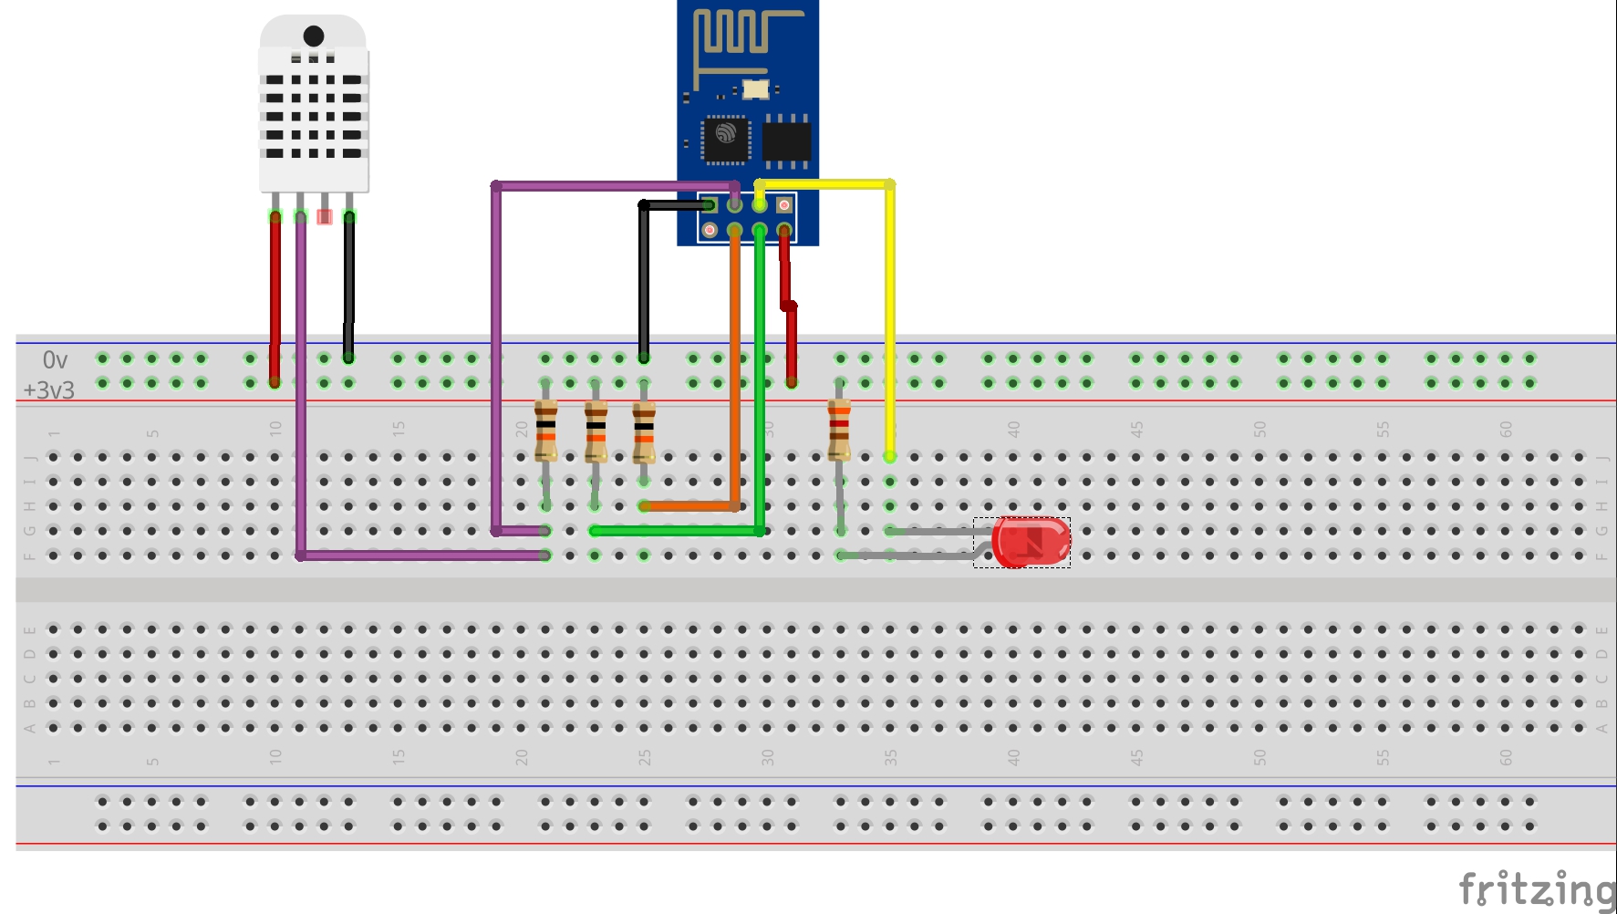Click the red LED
(x=1031, y=542)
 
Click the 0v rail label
(x=55, y=360)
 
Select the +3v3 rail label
(x=49, y=390)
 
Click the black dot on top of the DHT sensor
(x=314, y=36)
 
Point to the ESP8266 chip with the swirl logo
(x=726, y=140)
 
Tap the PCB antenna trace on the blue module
(x=739, y=36)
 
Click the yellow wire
(x=890, y=319)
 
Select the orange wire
(x=735, y=365)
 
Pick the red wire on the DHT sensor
(x=275, y=292)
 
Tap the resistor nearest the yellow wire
(x=839, y=429)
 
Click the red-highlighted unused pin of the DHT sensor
(x=324, y=216)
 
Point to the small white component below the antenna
(x=755, y=89)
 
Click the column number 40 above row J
(x=1013, y=428)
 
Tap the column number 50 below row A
(x=1259, y=757)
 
